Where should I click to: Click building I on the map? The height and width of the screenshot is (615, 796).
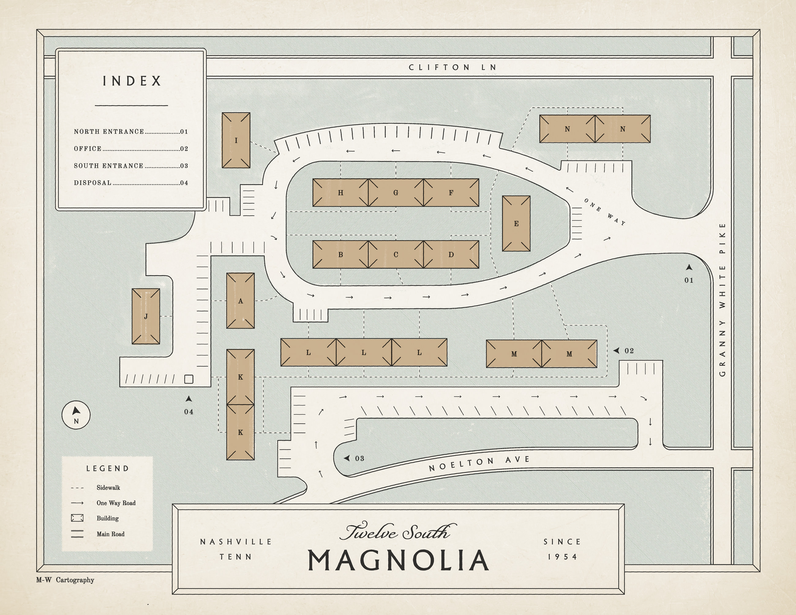(236, 140)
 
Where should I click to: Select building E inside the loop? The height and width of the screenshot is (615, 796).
(516, 223)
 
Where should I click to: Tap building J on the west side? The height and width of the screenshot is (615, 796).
(146, 316)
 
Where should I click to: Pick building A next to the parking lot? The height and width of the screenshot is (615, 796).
(241, 301)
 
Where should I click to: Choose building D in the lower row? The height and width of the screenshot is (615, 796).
(451, 254)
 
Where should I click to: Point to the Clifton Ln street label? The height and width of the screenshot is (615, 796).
(453, 67)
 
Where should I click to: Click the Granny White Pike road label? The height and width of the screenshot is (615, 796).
(723, 299)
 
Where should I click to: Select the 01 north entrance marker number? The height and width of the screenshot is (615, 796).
(689, 280)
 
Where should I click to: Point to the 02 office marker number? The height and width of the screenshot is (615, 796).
(629, 351)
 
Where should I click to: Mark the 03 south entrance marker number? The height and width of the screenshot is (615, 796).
(360, 458)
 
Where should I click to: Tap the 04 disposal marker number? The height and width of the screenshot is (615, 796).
(188, 412)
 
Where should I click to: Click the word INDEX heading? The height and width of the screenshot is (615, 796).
(132, 81)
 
